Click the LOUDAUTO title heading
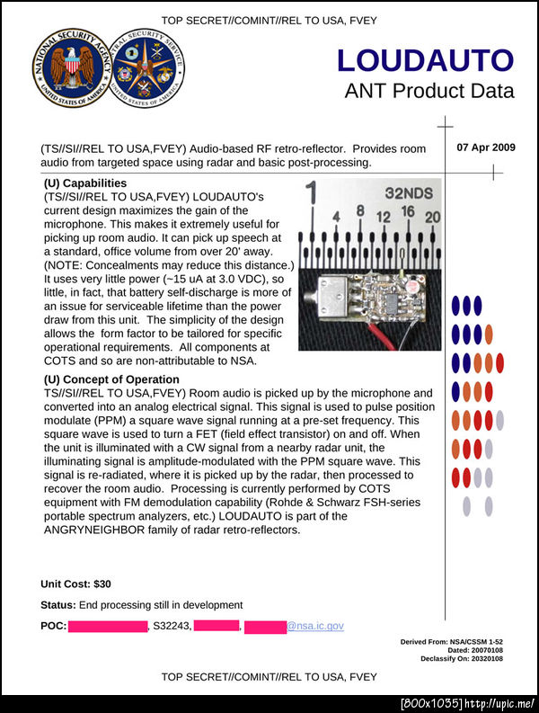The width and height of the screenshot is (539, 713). pyautogui.click(x=425, y=60)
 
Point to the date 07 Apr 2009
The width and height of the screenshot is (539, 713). pyautogui.click(x=486, y=147)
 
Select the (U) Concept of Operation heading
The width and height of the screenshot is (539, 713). pyautogui.click(x=111, y=379)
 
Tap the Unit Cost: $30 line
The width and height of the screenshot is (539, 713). pyautogui.click(x=75, y=584)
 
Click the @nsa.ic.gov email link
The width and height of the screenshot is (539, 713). pyautogui.click(x=314, y=626)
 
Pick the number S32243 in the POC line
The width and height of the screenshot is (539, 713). pyautogui.click(x=172, y=626)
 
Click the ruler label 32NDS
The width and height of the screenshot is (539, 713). pyautogui.click(x=408, y=192)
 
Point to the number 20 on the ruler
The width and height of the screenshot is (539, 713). pyautogui.click(x=432, y=217)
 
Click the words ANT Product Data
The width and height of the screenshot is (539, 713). pyautogui.click(x=429, y=91)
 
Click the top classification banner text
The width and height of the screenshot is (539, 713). pyautogui.click(x=269, y=20)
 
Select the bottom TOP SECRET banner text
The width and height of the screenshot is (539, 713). pyautogui.click(x=269, y=676)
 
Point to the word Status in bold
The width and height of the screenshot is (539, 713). pyautogui.click(x=57, y=604)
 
